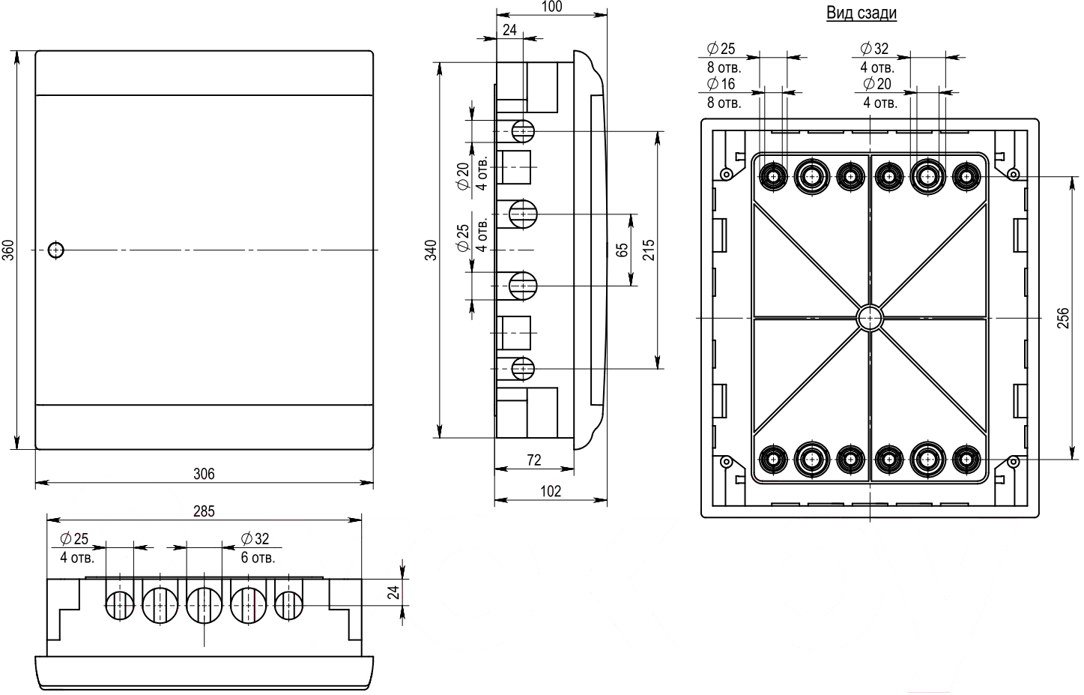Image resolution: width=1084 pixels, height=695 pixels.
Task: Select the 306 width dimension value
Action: (x=204, y=474)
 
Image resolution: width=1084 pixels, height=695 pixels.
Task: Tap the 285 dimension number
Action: (x=204, y=511)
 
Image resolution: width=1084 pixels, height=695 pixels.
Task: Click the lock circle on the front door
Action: (x=55, y=250)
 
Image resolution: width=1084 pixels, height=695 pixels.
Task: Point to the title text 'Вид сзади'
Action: (x=862, y=13)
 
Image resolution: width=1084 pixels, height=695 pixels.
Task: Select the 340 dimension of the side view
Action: (x=431, y=250)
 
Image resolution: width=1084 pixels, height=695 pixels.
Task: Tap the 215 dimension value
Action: (x=649, y=250)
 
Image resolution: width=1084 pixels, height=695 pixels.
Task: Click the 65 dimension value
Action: (x=622, y=250)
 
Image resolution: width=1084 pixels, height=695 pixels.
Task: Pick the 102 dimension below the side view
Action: (x=550, y=492)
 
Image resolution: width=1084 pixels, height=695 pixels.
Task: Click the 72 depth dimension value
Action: (x=533, y=460)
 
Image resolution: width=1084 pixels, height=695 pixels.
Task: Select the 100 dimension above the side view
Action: (x=551, y=7)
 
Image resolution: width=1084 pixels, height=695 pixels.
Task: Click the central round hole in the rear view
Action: (x=870, y=318)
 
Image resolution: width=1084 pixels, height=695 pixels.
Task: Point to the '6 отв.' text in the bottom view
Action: (x=258, y=559)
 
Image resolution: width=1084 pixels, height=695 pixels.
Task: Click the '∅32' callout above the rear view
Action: (x=874, y=49)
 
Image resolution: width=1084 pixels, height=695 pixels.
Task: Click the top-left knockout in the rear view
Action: (x=772, y=177)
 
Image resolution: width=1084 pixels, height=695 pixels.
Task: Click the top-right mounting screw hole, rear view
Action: (x=1013, y=175)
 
